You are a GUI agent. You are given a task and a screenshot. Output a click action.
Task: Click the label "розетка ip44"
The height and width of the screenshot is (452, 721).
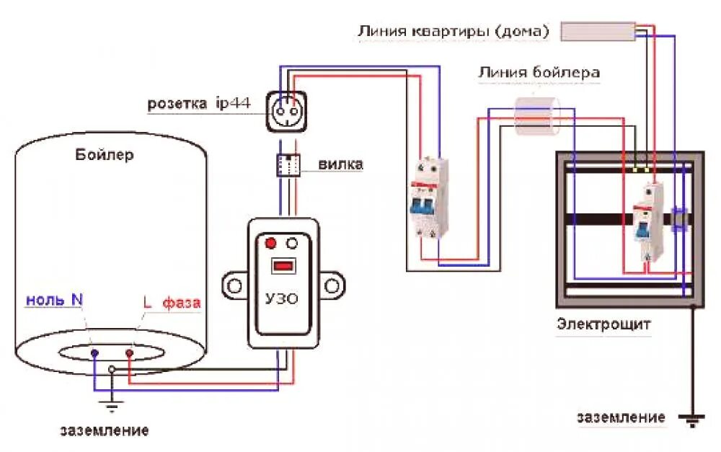click(x=199, y=104)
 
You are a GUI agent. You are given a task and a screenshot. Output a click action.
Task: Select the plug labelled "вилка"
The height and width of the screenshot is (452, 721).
click(x=288, y=165)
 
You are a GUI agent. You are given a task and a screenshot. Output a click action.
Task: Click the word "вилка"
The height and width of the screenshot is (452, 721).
click(x=340, y=165)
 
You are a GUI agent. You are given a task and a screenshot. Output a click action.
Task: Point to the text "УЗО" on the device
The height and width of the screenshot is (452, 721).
click(x=282, y=298)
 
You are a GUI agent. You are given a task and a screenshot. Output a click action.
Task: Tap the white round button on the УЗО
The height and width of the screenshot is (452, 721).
click(x=293, y=243)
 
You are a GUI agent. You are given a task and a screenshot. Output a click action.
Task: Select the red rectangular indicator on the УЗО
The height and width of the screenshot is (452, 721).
click(x=282, y=266)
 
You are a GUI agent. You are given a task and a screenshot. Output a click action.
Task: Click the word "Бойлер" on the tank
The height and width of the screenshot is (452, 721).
click(x=105, y=155)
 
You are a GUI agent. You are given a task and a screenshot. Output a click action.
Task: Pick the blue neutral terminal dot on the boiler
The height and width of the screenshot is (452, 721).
click(x=94, y=353)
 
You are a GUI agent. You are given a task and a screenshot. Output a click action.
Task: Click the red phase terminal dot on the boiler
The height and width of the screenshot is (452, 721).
click(x=130, y=353)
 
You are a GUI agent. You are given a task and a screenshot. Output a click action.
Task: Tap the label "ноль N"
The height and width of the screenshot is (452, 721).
click(x=54, y=301)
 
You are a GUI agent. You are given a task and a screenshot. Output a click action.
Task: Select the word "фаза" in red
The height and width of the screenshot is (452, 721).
click(x=181, y=303)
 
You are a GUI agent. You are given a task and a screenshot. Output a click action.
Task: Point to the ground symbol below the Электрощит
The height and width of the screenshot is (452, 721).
click(x=693, y=419)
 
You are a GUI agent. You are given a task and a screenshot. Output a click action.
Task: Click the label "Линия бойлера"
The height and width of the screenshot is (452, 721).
click(x=538, y=72)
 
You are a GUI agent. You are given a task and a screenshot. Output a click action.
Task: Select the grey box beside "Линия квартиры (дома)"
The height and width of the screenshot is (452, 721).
click(x=596, y=32)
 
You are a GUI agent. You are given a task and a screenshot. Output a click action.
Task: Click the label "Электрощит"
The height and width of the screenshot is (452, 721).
click(x=603, y=324)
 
